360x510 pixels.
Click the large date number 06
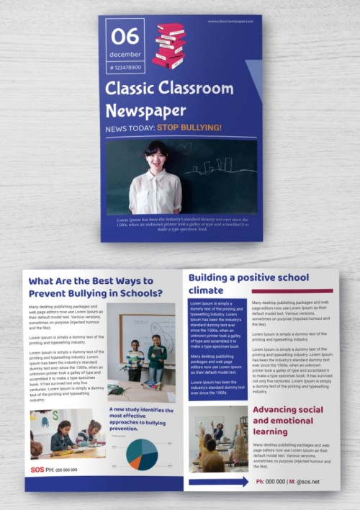tap(125, 36)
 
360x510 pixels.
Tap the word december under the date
tap(125, 54)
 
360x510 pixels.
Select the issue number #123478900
tap(125, 67)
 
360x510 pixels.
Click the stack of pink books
tap(170, 45)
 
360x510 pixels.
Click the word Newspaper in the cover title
tap(145, 111)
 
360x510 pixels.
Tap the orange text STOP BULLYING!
tap(189, 128)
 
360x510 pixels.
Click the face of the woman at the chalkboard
tap(156, 153)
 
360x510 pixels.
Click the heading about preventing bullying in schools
tap(95, 287)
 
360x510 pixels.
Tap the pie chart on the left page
tap(142, 455)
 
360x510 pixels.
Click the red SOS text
tap(37, 469)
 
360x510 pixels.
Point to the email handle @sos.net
tap(307, 481)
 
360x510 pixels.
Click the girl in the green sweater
tap(156, 357)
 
